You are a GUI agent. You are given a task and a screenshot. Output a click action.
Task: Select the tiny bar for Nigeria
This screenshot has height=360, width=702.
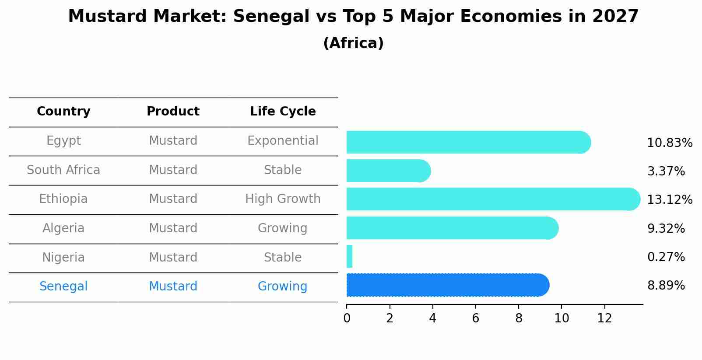pos(349,256)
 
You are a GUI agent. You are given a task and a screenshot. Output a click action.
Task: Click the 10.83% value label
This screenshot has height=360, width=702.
pos(670,143)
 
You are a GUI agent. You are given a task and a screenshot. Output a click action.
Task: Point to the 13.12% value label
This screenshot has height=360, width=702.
pos(670,200)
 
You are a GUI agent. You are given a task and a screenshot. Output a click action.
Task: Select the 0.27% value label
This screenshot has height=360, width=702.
pos(666,257)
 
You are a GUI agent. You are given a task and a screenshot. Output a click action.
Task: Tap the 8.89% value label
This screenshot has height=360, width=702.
pos(666,286)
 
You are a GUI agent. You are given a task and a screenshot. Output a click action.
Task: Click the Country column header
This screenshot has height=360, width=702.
pos(63,112)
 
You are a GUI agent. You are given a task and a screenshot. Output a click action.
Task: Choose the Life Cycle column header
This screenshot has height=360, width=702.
pos(283,112)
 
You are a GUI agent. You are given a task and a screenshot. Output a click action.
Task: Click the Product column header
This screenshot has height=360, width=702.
pos(173,112)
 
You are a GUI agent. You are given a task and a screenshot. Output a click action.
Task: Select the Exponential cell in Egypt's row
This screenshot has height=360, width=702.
pos(283,141)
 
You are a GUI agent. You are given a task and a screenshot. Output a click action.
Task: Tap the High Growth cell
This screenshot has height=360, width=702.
pos(283,199)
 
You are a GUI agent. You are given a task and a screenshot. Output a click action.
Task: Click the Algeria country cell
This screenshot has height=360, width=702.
pos(63,228)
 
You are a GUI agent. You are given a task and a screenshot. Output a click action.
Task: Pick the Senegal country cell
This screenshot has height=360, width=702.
pos(63,287)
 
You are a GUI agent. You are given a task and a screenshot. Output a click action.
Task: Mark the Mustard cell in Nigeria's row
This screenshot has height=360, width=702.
pos(173,257)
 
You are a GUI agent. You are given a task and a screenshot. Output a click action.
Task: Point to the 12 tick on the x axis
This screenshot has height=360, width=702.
pos(604,318)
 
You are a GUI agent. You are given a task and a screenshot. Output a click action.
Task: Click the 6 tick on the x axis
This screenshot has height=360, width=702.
pos(476,318)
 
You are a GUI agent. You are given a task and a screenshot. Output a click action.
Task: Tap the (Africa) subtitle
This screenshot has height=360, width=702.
pos(353,43)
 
